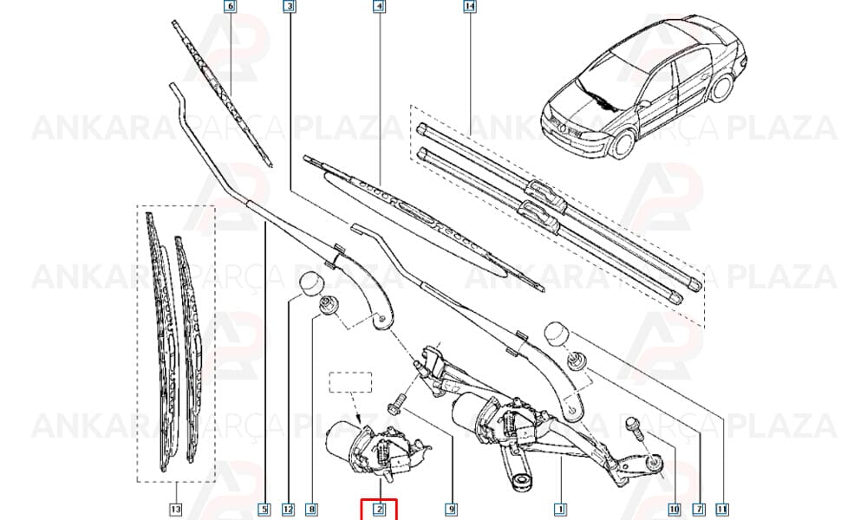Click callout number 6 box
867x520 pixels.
pos(230,7)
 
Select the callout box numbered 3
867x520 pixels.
pos(290,7)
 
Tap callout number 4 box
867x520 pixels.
pos(379,7)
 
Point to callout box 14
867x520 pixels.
pos(469,7)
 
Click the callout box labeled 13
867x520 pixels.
pos(175,509)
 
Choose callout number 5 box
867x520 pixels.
pos(264,509)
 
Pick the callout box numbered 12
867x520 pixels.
pos(288,509)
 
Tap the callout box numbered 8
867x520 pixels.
pos(312,509)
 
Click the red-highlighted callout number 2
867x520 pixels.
pos(380,509)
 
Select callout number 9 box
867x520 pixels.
pos(451,509)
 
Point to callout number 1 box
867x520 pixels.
pos(560,509)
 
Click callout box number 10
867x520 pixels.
pos(674,509)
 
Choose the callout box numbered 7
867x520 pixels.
pos(699,509)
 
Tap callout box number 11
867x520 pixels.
pos(721,509)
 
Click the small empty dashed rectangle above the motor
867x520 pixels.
pos(350,382)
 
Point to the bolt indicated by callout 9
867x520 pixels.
pos(399,403)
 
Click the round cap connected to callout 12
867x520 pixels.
pos(310,283)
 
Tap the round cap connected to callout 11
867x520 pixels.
pos(557,332)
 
